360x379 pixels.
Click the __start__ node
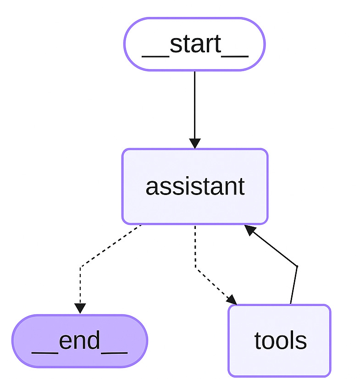[194, 44]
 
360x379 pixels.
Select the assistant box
[194, 186]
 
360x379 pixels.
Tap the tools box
[279, 340]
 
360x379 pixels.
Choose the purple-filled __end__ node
[79, 341]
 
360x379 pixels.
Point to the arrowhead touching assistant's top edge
[194, 143]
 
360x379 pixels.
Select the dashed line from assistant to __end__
[110, 245]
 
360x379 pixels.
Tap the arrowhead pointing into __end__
[80, 308]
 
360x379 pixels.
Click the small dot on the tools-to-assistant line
[297, 266]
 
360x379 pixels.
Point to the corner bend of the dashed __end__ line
[81, 267]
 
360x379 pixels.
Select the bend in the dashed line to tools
[196, 268]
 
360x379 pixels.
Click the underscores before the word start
[155, 55]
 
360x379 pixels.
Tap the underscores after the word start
[235, 55]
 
